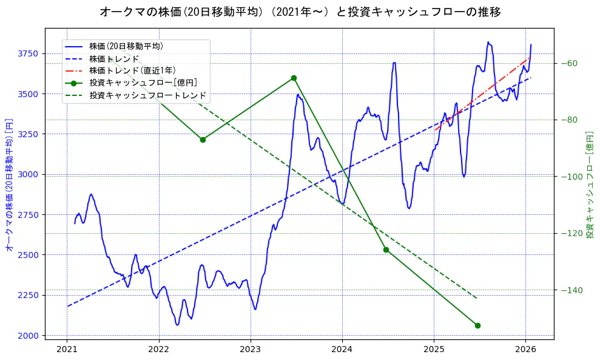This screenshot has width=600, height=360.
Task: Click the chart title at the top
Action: (x=300, y=12)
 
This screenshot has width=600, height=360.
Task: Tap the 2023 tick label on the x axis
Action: (x=251, y=350)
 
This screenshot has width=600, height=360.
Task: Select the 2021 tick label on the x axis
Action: (x=67, y=350)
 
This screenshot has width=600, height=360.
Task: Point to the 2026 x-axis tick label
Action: (x=525, y=350)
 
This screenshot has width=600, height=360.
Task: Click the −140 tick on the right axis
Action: (x=571, y=290)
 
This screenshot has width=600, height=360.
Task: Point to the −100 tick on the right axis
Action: (x=571, y=177)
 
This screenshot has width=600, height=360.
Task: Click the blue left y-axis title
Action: (x=9, y=185)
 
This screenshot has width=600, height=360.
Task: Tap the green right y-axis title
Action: (x=589, y=185)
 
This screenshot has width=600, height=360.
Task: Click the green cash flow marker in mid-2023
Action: (x=294, y=78)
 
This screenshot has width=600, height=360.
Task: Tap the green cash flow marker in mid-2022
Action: (x=203, y=140)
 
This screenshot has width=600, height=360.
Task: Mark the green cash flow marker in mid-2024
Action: (x=386, y=250)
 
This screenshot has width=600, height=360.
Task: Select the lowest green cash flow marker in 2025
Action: (x=477, y=325)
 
